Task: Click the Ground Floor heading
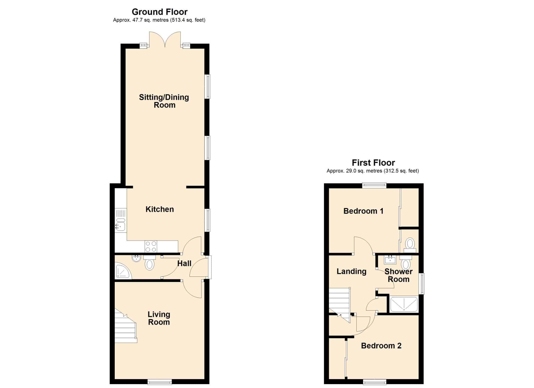pos(160,12)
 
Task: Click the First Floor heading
pos(373,163)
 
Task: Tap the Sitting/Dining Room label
pos(164,101)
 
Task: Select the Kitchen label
pos(160,209)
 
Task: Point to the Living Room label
pos(159,318)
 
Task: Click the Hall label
pos(184,263)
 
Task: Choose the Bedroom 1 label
pos(363,211)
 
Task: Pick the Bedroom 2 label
pos(381,346)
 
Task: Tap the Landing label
pos(351,272)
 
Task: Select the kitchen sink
pos(121,226)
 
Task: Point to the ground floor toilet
pos(149,263)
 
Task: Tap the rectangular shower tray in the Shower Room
pos(404,304)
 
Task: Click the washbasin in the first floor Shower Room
pos(390,260)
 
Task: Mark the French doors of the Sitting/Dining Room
pos(165,40)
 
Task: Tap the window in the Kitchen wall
pos(208,220)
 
